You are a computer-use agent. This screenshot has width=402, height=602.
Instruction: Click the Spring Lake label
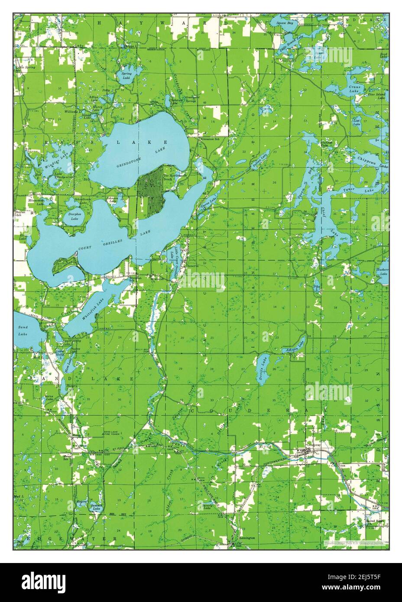126,76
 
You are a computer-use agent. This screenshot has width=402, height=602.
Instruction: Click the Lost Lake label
357,122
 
